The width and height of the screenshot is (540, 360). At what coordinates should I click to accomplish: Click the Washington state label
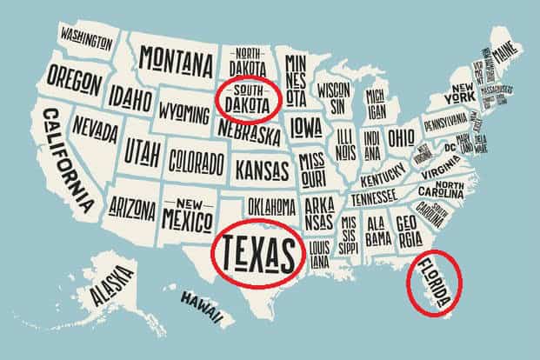pos(87,37)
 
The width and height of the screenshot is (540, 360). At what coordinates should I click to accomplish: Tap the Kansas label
pos(263,167)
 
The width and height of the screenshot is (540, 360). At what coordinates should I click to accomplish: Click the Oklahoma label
pos(271,206)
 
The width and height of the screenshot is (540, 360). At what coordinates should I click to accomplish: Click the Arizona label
pos(133,208)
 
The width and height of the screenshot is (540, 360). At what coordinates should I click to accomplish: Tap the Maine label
pos(513,57)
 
